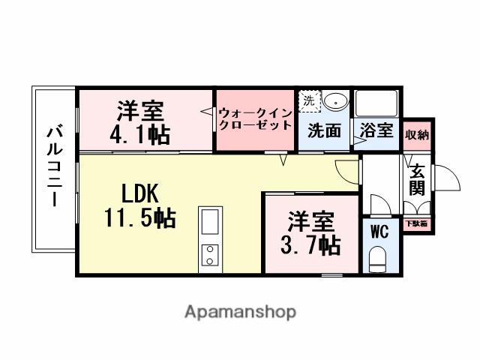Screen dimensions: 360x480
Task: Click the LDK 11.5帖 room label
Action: pos(139,205)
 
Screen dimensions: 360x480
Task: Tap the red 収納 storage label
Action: pos(417,135)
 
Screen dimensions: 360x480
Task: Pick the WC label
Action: pos(379,231)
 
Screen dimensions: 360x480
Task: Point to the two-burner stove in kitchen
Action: pos(210,255)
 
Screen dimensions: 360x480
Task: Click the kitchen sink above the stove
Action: pos(210,222)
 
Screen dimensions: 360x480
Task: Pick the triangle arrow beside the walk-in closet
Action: pos(206,112)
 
